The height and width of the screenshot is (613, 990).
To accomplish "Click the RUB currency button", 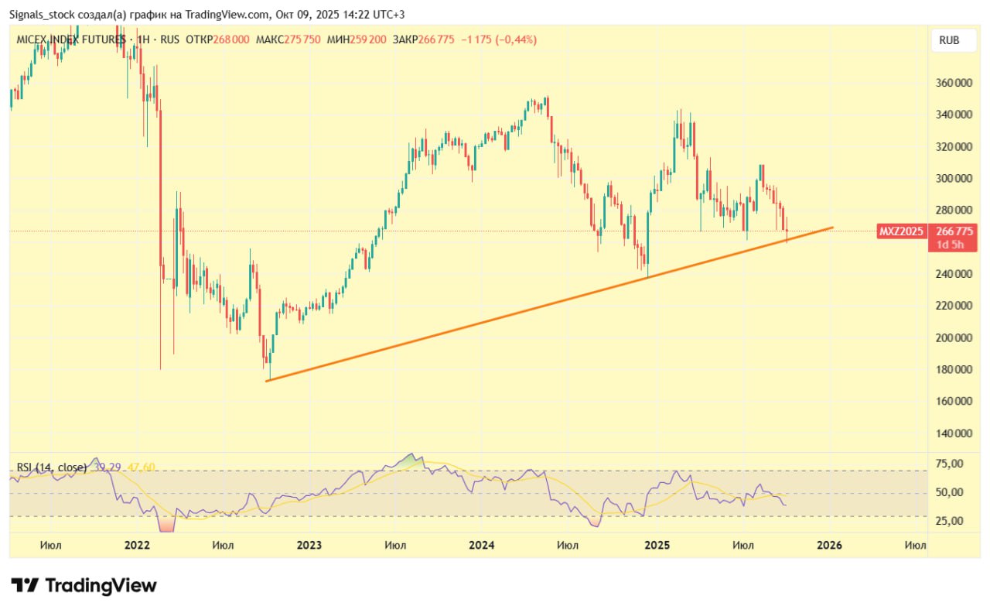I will pyautogui.click(x=949, y=40).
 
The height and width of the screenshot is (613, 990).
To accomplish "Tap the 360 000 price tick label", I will pyautogui.click(x=953, y=83).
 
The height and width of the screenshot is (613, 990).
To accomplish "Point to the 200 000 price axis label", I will pyautogui.click(x=953, y=337).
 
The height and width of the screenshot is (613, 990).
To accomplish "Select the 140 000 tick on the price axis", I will pyautogui.click(x=953, y=433).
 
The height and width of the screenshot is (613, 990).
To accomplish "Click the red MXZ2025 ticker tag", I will pyautogui.click(x=901, y=231).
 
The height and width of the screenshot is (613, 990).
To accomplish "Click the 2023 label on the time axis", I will pyautogui.click(x=309, y=545).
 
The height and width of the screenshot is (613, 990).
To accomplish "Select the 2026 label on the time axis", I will pyautogui.click(x=830, y=545).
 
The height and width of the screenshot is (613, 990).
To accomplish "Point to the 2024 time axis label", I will pyautogui.click(x=481, y=545).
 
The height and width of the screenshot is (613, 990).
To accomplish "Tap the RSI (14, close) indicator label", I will pyautogui.click(x=52, y=467).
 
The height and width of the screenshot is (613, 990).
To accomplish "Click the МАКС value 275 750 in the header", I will pyautogui.click(x=302, y=39).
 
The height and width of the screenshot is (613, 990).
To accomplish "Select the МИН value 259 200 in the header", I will pyautogui.click(x=368, y=39).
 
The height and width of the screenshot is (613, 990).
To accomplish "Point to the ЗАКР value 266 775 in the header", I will pyautogui.click(x=435, y=39).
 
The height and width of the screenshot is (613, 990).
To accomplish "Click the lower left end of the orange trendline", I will pyautogui.click(x=267, y=380).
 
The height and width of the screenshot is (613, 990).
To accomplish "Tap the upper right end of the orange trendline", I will pyautogui.click(x=832, y=228).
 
